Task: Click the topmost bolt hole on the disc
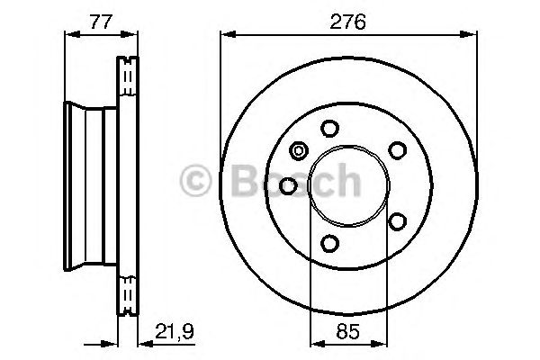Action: coord(329,127)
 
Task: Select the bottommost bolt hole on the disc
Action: coord(329,243)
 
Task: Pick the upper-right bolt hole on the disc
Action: coord(393,149)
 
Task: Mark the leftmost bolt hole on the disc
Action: coord(289,184)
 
